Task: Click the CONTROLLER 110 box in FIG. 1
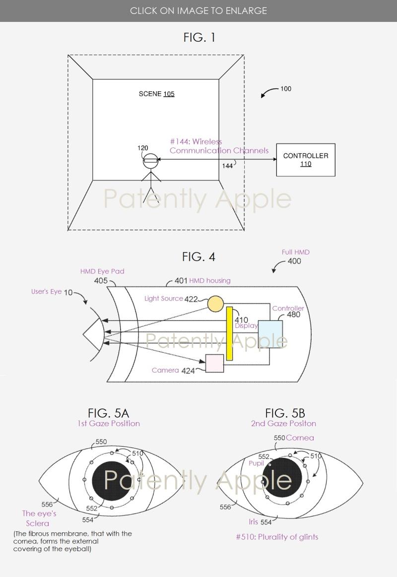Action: click(306, 160)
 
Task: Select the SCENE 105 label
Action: click(156, 94)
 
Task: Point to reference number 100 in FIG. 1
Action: click(286, 89)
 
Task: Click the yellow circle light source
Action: click(215, 304)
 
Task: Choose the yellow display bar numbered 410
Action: click(229, 333)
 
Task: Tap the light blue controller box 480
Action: click(270, 334)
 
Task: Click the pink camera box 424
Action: click(214, 363)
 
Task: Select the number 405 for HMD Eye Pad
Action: click(101, 281)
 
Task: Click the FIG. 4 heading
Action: click(198, 256)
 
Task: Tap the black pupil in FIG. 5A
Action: click(112, 481)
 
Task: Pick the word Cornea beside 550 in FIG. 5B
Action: click(300, 438)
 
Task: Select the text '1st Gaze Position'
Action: click(108, 423)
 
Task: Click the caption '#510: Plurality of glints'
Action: click(277, 537)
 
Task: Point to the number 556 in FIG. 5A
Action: click(47, 505)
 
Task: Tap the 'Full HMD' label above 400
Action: click(295, 252)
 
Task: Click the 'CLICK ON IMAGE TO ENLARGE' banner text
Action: click(198, 10)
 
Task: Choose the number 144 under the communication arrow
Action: click(227, 166)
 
